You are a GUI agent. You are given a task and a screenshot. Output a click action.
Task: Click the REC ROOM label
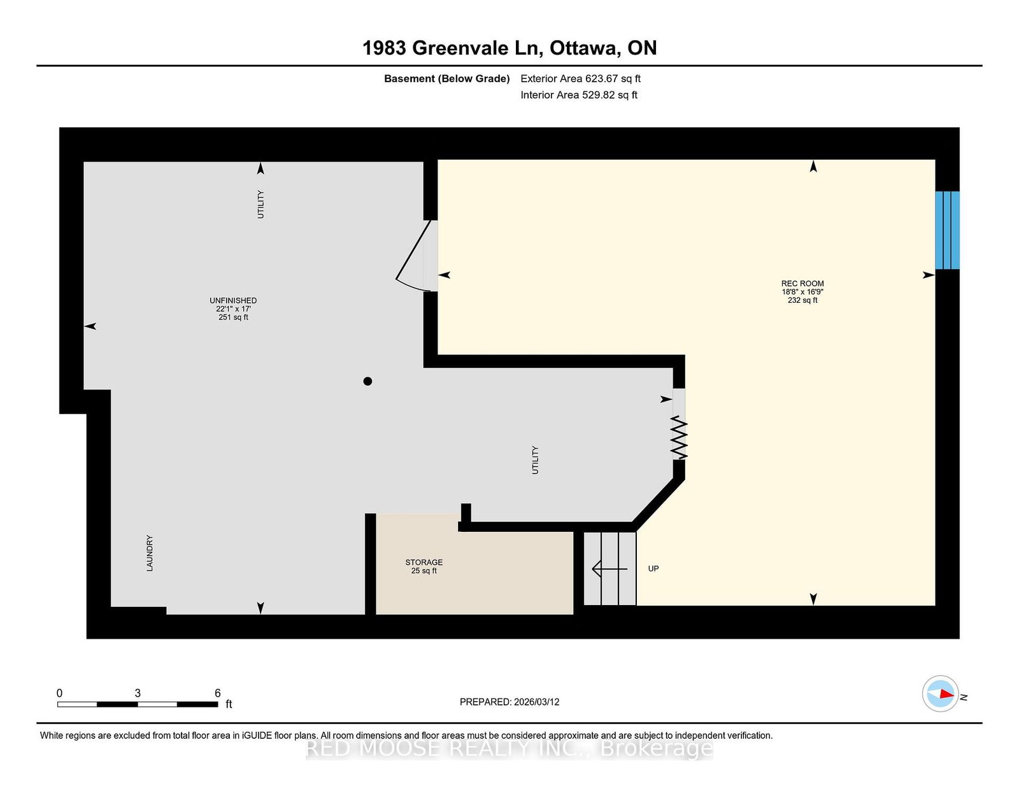pos(802,283)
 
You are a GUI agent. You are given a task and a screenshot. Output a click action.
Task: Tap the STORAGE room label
pos(424,562)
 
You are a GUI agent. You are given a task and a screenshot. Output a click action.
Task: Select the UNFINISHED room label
pos(233,300)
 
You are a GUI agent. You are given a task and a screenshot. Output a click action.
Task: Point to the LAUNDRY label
pos(150,553)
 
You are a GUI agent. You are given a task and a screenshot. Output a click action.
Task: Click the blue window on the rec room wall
pos(947,230)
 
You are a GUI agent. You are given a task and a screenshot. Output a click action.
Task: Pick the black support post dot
pos(367,381)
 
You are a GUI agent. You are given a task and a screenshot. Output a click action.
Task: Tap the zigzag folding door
pos(680,438)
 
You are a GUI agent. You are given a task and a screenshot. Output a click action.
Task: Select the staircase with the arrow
pos(610,569)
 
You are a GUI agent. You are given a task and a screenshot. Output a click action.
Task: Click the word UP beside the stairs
pos(653,569)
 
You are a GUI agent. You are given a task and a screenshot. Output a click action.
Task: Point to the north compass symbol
pos(940,693)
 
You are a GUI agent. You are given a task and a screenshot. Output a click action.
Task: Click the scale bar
pos(138,704)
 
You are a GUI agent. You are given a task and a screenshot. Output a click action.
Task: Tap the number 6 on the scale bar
pos(218,693)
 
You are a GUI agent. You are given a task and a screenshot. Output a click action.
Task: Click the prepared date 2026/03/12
pos(536,702)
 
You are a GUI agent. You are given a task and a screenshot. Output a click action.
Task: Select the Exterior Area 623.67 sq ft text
pos(581,79)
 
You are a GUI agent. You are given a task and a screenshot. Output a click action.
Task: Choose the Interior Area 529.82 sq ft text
pos(579,95)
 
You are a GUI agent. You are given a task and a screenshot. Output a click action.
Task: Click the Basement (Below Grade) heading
pos(447,79)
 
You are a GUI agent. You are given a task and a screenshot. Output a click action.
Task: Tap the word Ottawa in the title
pos(583,48)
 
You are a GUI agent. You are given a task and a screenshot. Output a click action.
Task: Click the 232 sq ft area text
pos(802,300)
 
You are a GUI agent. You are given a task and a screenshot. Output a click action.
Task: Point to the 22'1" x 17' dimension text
pos(233,309)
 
